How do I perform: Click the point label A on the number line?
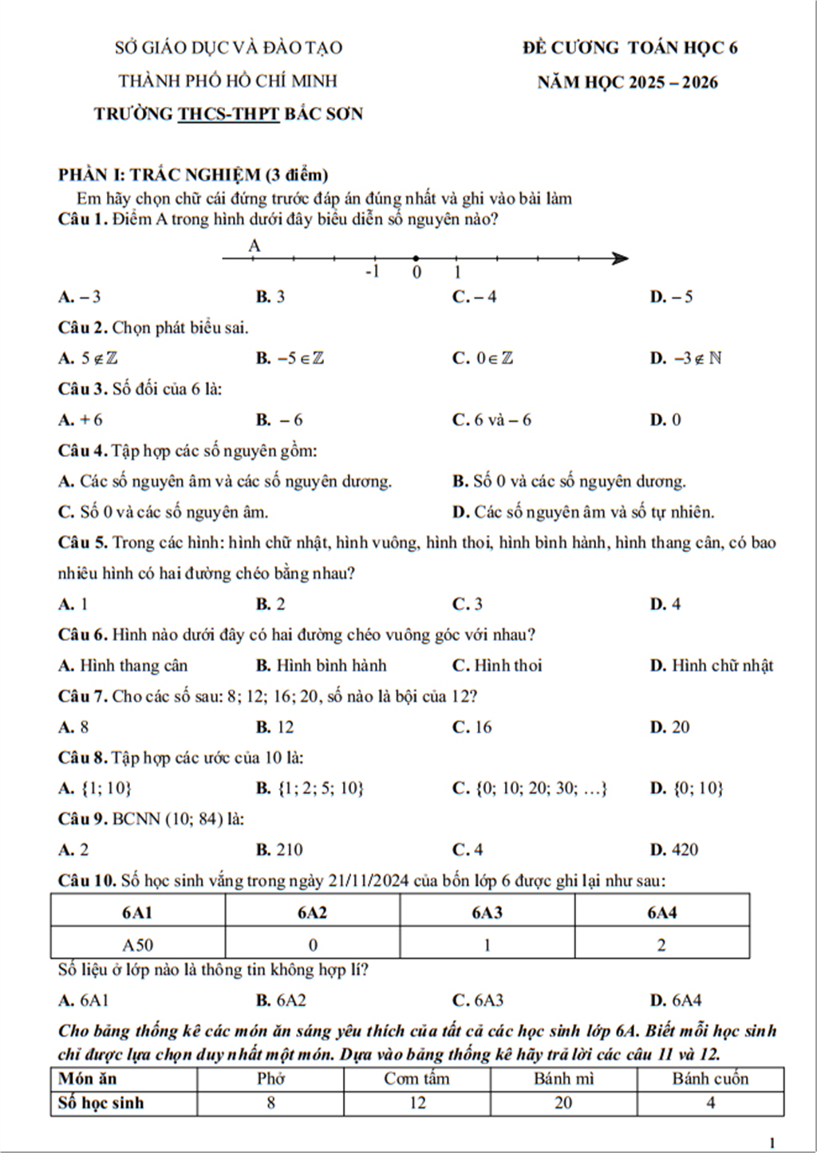click(255, 246)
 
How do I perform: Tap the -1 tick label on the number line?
click(372, 272)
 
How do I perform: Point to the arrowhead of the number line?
click(620, 258)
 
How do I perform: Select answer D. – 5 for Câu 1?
click(671, 297)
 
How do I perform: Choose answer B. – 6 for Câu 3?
click(279, 420)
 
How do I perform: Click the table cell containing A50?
click(137, 945)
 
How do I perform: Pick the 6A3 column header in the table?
click(487, 913)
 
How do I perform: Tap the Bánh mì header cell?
click(563, 1079)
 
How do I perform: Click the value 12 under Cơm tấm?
click(417, 1103)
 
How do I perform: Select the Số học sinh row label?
click(101, 1103)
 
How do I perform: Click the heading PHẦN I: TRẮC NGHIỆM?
click(192, 175)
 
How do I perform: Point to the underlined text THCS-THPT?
click(228, 114)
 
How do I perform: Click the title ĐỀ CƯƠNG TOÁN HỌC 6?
click(630, 48)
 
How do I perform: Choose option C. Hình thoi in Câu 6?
click(497, 666)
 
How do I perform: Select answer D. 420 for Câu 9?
click(674, 850)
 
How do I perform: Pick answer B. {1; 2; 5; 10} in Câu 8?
click(310, 789)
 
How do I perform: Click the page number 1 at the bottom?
click(772, 1143)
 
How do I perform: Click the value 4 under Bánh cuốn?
click(710, 1103)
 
